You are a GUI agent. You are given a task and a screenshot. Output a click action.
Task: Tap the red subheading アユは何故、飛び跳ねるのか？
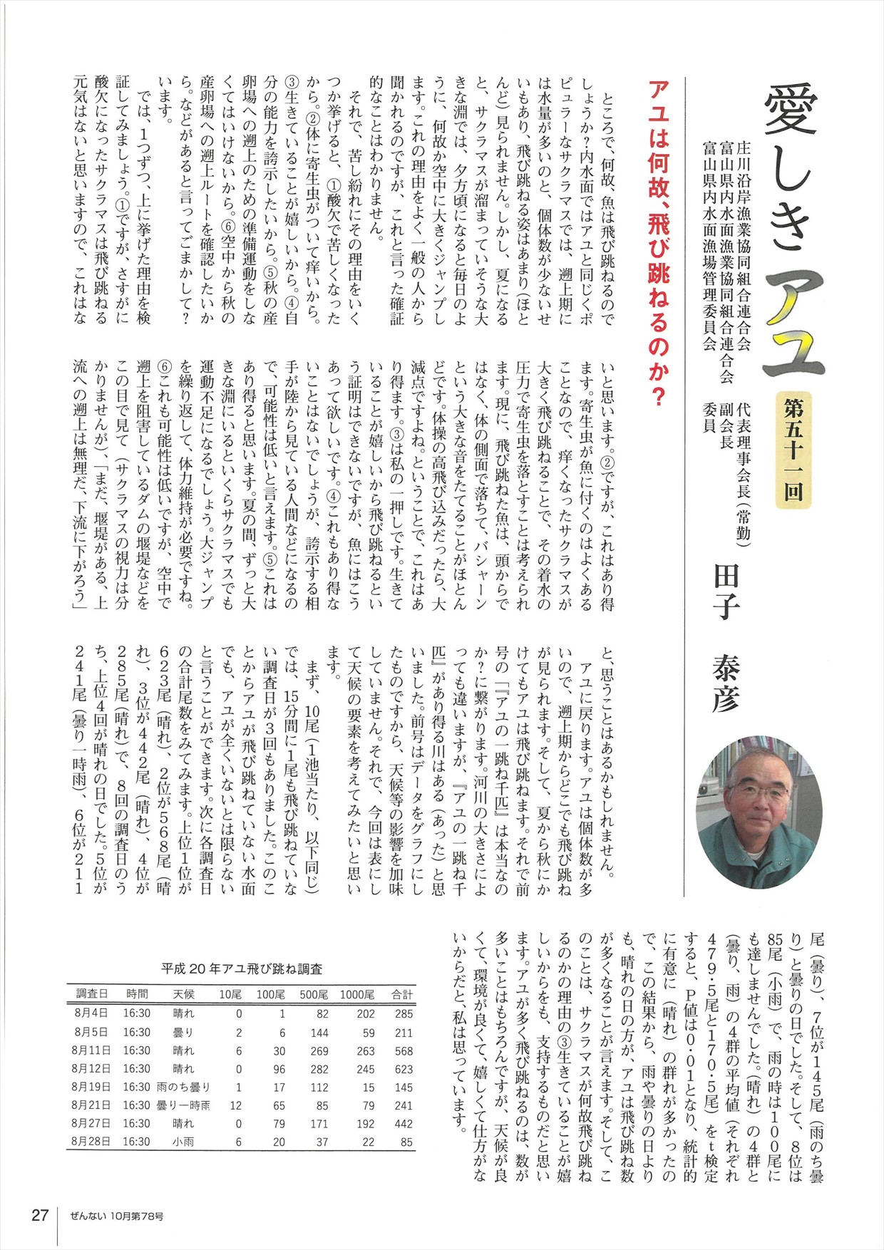658,243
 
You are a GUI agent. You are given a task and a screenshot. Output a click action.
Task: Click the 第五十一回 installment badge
793,450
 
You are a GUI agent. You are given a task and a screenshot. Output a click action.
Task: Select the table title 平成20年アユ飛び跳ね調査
242,969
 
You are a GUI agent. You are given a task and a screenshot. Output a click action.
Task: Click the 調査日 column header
92,994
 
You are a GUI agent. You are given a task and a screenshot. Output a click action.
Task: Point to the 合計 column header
402,995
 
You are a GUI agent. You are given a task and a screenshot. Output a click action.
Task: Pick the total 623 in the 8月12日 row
404,1069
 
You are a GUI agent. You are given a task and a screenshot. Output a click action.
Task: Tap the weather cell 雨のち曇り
183,1088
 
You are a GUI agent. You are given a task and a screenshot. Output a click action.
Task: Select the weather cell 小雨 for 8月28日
183,1142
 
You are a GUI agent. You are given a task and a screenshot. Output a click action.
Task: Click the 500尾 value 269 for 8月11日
319,1051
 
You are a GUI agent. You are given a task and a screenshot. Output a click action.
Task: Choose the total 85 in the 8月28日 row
406,1142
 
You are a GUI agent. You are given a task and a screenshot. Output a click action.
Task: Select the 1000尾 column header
357,995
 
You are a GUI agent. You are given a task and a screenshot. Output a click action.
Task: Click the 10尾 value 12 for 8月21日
236,1106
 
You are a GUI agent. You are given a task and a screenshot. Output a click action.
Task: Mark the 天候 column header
183,994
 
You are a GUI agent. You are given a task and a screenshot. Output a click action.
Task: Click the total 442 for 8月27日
404,1124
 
